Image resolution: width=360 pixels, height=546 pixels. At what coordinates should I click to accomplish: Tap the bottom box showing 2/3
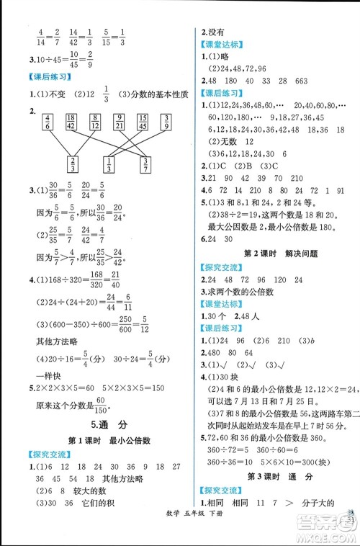72,164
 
